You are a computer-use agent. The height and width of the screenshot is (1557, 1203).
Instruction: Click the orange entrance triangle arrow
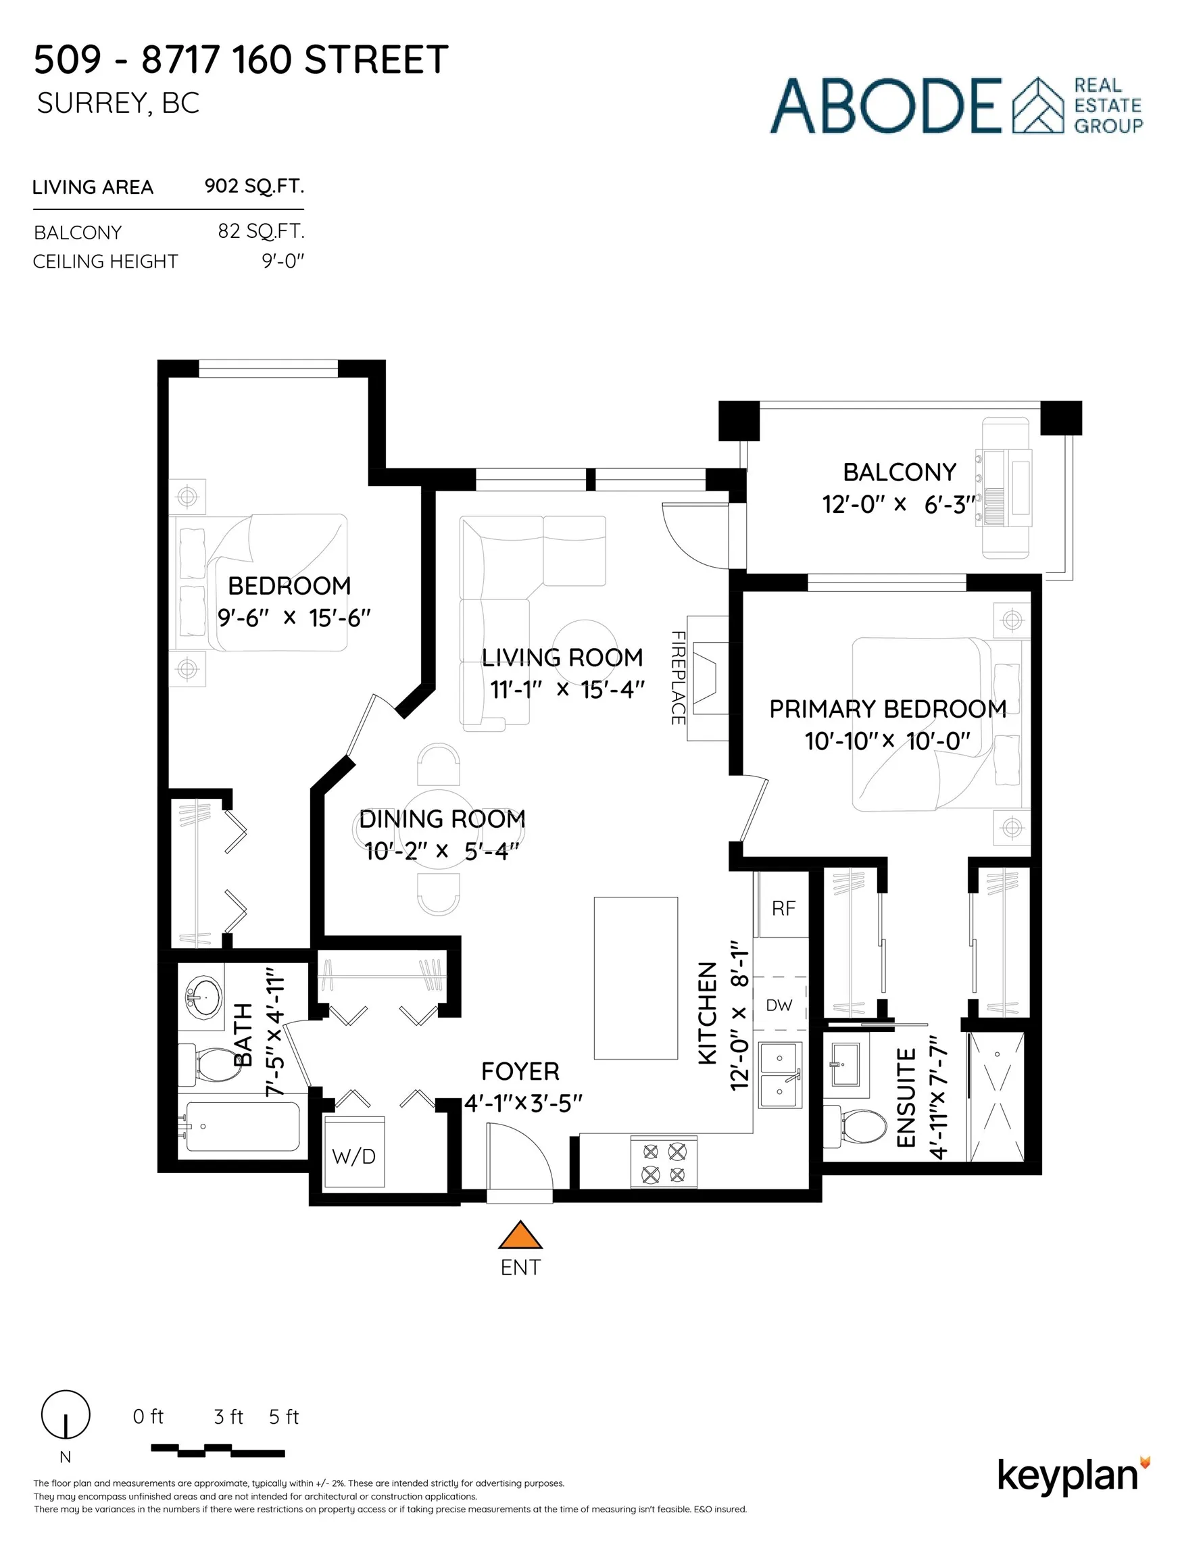(x=520, y=1236)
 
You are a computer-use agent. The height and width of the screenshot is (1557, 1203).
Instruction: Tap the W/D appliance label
(x=353, y=1156)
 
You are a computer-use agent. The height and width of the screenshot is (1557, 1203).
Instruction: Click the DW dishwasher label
(x=779, y=1005)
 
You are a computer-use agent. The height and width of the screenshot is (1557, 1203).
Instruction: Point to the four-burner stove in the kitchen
(x=663, y=1163)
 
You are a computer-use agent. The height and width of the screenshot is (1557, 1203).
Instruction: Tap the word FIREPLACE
(x=677, y=677)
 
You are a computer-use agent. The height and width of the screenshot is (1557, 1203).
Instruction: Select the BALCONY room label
(x=900, y=472)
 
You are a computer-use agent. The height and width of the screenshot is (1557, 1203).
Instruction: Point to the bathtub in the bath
(x=243, y=1127)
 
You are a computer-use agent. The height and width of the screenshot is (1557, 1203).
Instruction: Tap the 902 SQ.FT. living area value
(x=254, y=186)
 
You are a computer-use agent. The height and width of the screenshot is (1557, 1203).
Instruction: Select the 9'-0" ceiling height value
(x=283, y=261)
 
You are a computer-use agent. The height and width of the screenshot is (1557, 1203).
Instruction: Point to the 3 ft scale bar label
(x=228, y=1416)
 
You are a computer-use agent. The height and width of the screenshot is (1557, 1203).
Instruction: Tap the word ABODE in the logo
(x=885, y=105)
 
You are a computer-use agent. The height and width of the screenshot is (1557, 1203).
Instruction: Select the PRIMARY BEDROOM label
(x=887, y=709)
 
